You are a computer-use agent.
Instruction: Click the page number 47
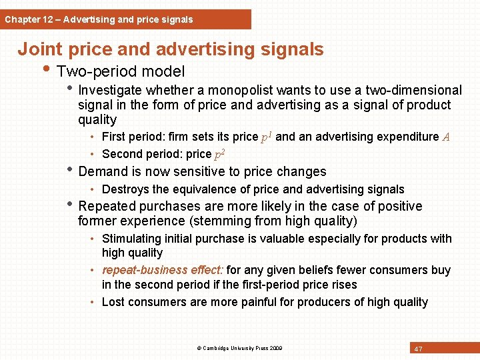(x=419, y=349)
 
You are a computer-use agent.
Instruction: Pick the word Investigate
(x=110, y=90)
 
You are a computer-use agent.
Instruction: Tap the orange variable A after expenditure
(x=446, y=137)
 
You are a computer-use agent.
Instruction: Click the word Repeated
(x=107, y=206)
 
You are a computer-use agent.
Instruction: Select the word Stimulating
(x=131, y=239)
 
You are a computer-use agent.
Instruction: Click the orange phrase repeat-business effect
(x=162, y=270)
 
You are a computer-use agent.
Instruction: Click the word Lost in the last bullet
(x=113, y=302)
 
